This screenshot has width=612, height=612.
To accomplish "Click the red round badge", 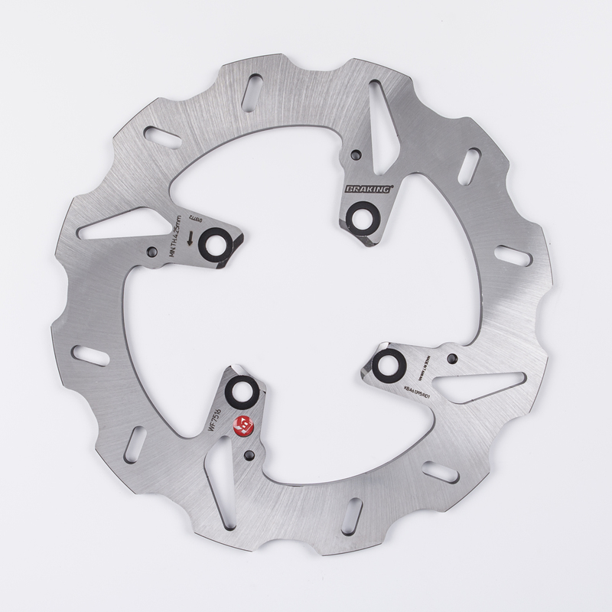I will pyautogui.click(x=244, y=425).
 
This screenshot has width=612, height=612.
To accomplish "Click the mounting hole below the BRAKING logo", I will pyautogui.click(x=360, y=215).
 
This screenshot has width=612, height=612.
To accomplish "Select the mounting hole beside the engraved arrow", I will pyautogui.click(x=213, y=244).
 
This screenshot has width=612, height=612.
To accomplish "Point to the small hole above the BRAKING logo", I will pyautogui.click(x=355, y=156).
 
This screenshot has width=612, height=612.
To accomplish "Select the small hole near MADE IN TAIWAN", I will pyautogui.click(x=453, y=357).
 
